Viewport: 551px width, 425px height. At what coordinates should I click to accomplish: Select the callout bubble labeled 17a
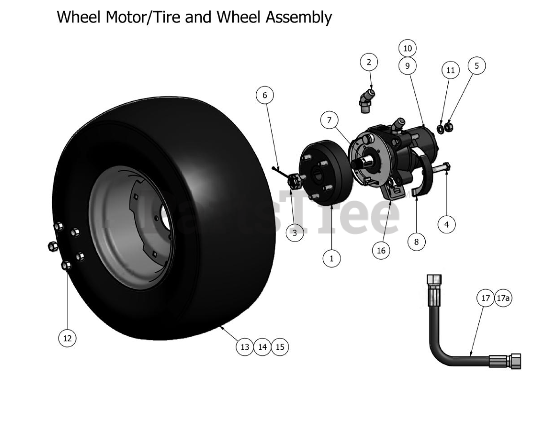click(x=503, y=298)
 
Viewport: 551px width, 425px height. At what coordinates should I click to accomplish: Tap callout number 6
click(x=265, y=95)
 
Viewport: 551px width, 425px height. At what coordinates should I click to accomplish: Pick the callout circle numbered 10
click(x=407, y=48)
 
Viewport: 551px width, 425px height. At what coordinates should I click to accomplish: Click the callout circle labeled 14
click(x=262, y=347)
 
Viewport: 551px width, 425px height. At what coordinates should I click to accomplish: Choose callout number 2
click(x=369, y=62)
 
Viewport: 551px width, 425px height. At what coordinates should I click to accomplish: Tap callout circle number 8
click(x=416, y=242)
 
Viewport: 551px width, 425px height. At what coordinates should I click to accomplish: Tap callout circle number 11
click(x=450, y=71)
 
